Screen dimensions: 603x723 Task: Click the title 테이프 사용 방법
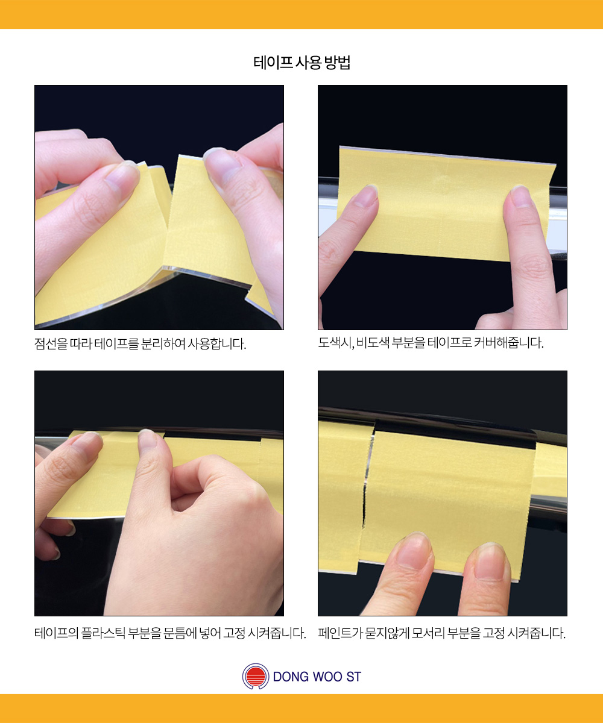pyautogui.click(x=302, y=63)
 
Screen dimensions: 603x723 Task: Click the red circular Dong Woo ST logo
pyautogui.click(x=256, y=676)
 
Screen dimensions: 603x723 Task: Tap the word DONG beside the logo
pyautogui.click(x=290, y=677)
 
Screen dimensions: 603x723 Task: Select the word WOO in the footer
pyautogui.click(x=327, y=677)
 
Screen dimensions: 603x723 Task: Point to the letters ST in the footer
pyautogui.click(x=354, y=677)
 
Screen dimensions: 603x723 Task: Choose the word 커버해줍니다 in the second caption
pyautogui.click(x=508, y=343)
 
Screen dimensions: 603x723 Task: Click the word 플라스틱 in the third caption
pyautogui.click(x=103, y=633)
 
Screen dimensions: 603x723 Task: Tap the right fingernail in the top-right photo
pyautogui.click(x=521, y=196)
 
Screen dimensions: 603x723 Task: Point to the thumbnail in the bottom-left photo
pyautogui.click(x=148, y=439)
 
